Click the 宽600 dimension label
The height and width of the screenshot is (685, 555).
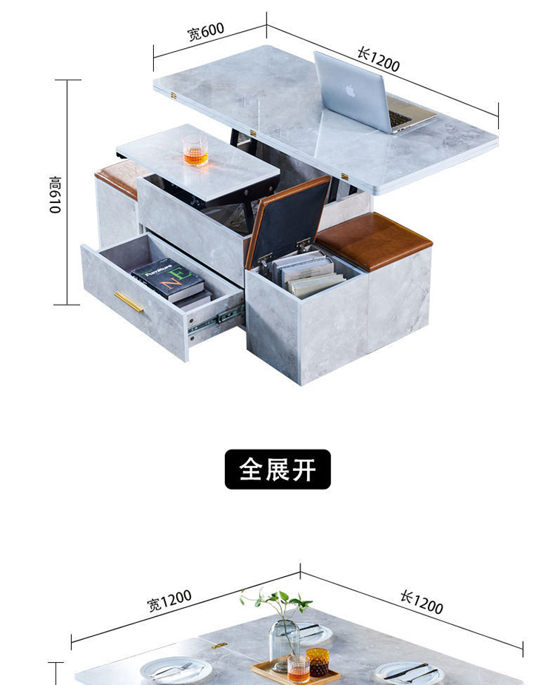(x=205, y=33)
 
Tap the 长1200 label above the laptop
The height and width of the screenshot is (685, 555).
(x=378, y=59)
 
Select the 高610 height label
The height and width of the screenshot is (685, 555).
(x=55, y=195)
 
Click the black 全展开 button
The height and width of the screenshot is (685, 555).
(x=277, y=470)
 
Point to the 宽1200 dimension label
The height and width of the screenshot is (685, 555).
(x=169, y=600)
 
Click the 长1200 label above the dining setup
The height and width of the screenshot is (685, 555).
(x=421, y=602)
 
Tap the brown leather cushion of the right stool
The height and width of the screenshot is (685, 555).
(x=373, y=240)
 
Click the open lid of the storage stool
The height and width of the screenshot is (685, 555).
(x=289, y=216)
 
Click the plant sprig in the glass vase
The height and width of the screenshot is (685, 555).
(x=277, y=604)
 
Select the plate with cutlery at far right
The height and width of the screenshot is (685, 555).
(x=409, y=672)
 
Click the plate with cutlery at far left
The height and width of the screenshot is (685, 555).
(x=175, y=671)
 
